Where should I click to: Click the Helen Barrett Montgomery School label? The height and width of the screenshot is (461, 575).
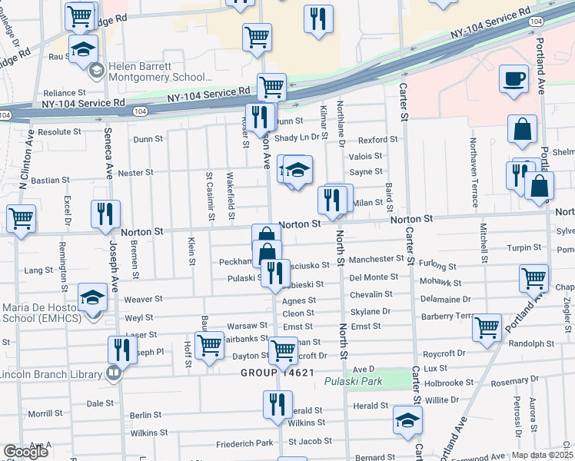coord(160,71)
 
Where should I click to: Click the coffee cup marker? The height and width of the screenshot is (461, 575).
coord(514,78)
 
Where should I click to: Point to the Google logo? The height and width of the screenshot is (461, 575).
coord(25,451)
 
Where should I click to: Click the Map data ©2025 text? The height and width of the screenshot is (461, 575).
coord(537,455)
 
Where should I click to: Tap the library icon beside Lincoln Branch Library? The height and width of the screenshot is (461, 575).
coord(114,374)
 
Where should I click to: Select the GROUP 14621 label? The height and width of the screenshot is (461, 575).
coord(278,373)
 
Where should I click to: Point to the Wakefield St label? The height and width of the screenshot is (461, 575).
coord(231,190)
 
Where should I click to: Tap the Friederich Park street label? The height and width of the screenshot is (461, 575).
coord(244,443)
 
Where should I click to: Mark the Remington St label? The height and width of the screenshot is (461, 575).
coord(62,261)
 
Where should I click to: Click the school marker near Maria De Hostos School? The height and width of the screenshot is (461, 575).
coord(93,298)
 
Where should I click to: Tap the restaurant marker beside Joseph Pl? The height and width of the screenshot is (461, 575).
coord(121,350)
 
